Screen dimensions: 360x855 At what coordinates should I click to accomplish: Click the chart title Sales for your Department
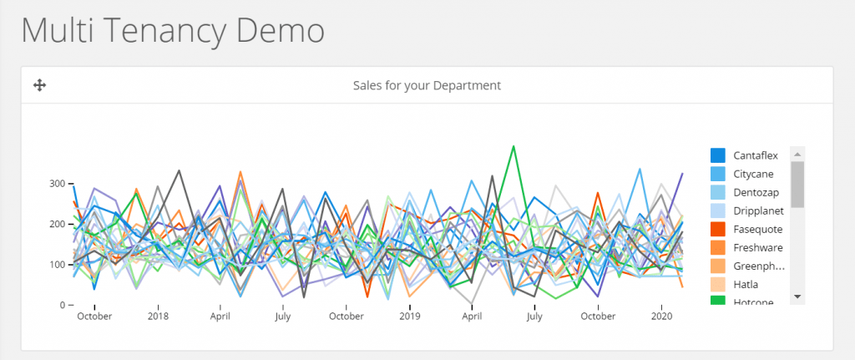[427, 85]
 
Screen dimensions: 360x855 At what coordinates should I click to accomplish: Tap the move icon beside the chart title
[38, 85]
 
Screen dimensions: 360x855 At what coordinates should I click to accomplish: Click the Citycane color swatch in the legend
[717, 174]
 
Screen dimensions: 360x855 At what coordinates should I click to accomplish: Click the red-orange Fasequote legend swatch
[717, 229]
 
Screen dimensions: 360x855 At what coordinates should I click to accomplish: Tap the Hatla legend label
[746, 284]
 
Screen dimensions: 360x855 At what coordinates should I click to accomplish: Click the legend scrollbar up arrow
[797, 155]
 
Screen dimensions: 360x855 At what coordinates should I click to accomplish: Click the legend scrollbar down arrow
[797, 297]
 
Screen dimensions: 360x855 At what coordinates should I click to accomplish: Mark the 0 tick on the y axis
[60, 306]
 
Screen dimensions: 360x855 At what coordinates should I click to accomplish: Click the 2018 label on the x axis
[159, 317]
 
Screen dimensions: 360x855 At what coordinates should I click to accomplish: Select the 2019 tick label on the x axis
[409, 317]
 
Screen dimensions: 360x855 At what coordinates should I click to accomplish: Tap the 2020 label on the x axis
[661, 317]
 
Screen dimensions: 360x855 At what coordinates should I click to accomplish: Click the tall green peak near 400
[513, 146]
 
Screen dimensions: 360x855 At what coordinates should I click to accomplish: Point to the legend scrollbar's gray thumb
[797, 184]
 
